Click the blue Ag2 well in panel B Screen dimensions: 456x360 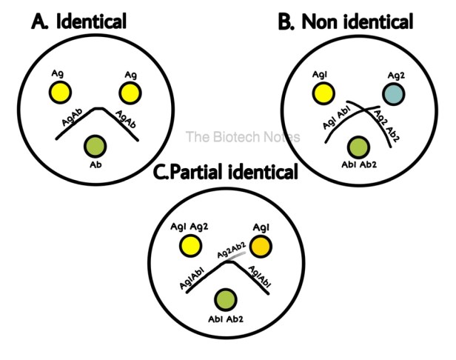click(394, 94)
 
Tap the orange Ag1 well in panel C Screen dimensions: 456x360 click(261, 247)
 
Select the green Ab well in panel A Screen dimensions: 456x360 click(95, 146)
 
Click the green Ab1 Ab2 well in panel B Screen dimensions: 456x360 click(358, 147)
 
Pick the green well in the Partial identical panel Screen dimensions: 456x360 click(225, 299)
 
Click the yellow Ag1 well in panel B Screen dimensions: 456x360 click(323, 93)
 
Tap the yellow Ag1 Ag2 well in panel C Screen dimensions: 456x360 click(190, 246)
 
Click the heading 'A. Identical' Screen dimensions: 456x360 click(78, 21)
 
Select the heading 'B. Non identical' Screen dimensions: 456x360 click(346, 21)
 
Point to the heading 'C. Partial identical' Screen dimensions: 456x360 click(225, 172)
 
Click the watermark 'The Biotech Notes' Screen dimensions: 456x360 click(243, 137)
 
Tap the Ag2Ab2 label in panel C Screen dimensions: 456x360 click(232, 250)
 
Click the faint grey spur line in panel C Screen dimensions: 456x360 click(236, 256)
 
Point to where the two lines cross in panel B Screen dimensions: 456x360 click(364, 110)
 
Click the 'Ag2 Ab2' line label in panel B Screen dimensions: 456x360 click(386, 126)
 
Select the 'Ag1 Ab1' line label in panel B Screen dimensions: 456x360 click(337, 117)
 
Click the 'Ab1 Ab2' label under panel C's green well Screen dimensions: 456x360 click(225, 319)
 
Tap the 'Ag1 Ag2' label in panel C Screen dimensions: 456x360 click(190, 227)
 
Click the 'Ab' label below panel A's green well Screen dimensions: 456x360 click(95, 164)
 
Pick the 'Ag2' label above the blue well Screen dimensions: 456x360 click(396, 76)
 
